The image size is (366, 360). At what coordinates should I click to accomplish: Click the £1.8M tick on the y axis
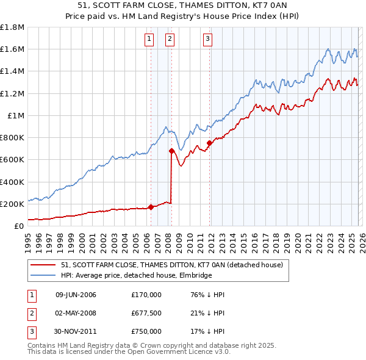pos(12,27)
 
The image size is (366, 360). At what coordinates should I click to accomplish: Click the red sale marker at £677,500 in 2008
pos(171,151)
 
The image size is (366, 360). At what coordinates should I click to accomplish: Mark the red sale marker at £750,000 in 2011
pos(209,143)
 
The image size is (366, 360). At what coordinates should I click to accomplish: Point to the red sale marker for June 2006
pos(151,207)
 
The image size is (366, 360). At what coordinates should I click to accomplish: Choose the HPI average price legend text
pos(136,275)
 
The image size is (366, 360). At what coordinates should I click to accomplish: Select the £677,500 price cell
pos(146,313)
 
